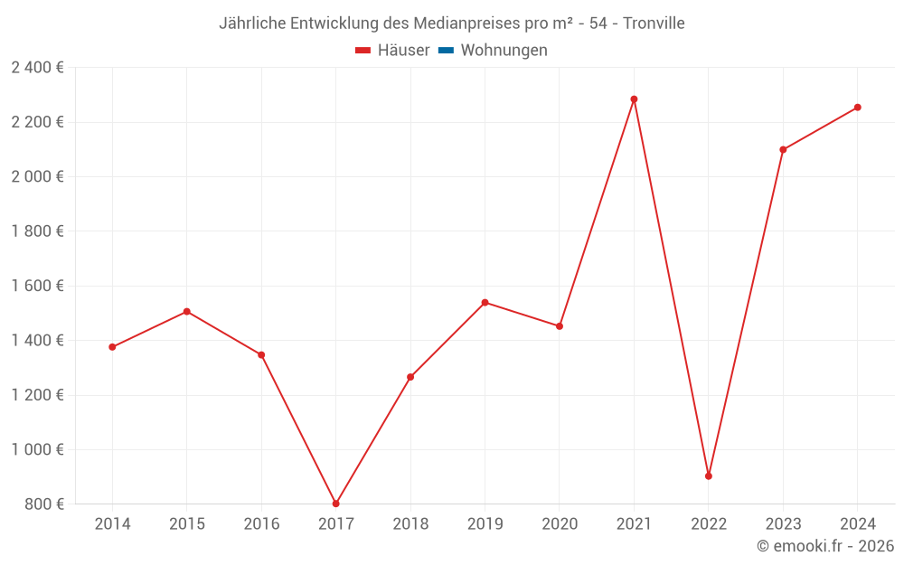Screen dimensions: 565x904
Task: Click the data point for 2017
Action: click(x=335, y=504)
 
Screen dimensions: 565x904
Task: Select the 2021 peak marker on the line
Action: click(x=634, y=99)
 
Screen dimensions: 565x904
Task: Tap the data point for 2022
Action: click(x=709, y=476)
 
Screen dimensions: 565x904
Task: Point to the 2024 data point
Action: click(x=858, y=108)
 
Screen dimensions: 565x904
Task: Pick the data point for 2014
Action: click(x=112, y=347)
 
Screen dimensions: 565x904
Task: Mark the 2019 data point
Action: click(x=485, y=302)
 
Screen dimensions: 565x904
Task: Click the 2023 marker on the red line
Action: click(x=783, y=150)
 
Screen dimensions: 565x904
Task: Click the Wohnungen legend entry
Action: click(x=504, y=51)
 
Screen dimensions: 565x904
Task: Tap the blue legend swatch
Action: click(x=446, y=51)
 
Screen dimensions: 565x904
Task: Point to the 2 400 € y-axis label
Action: click(x=37, y=68)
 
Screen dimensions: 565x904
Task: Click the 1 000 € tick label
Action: click(x=37, y=449)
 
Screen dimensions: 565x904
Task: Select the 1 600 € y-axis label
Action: click(x=37, y=286)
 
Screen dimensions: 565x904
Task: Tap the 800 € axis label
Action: click(x=42, y=504)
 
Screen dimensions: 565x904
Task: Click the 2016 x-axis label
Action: click(x=261, y=524)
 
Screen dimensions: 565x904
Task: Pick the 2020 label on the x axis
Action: click(x=560, y=524)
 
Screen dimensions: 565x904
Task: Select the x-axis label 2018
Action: click(x=410, y=524)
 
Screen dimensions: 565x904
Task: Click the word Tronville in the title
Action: click(x=654, y=23)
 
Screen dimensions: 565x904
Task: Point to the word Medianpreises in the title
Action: click(x=460, y=23)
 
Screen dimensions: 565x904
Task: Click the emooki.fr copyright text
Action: click(x=825, y=546)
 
